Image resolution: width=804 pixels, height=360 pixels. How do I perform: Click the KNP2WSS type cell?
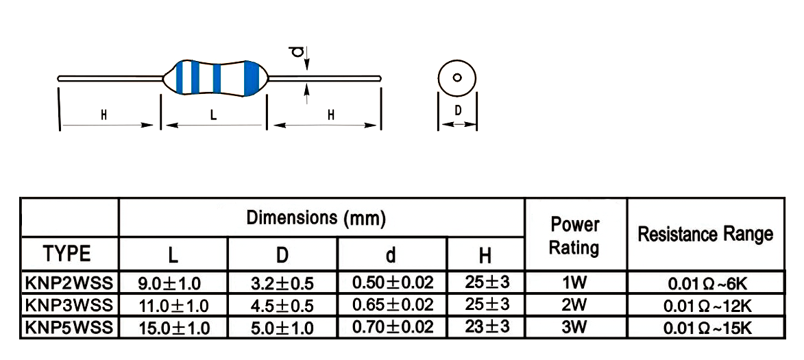[70, 283]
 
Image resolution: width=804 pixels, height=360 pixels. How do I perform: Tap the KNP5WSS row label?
[70, 328]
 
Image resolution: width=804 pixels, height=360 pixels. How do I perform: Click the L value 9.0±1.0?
[173, 283]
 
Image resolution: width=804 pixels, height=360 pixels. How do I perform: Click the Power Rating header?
[575, 236]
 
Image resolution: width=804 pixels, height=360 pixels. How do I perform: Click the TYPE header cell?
[69, 254]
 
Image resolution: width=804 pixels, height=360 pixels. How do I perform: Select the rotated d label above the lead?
[295, 53]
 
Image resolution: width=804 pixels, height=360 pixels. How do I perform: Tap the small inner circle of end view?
[457, 77]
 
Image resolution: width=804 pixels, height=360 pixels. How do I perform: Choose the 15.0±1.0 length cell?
[173, 328]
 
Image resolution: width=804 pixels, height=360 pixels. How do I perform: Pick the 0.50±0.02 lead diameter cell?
[392, 283]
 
